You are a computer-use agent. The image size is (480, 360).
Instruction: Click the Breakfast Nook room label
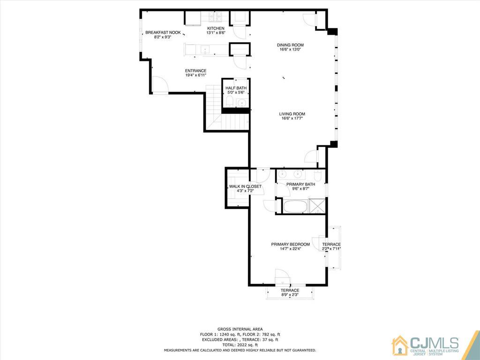(x=163, y=32)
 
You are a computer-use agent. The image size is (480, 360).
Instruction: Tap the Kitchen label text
(x=216, y=29)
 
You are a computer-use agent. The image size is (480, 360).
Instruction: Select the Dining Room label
(x=290, y=45)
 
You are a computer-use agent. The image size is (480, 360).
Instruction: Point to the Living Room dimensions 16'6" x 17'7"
(x=292, y=118)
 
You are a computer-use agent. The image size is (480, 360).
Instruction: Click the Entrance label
(x=195, y=71)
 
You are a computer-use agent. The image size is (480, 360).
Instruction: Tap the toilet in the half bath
(x=229, y=101)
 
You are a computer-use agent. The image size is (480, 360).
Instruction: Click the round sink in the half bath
(x=242, y=103)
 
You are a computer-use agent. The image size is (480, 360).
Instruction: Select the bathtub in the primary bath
(x=295, y=206)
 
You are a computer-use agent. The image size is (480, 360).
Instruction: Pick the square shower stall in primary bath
(x=316, y=206)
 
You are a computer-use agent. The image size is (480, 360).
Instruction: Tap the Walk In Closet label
(x=245, y=187)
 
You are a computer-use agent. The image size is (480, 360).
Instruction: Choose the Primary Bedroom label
(x=291, y=244)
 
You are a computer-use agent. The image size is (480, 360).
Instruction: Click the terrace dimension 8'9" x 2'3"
(x=290, y=295)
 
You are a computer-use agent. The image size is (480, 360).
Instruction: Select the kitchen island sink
(x=204, y=49)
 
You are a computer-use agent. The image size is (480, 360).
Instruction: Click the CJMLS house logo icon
(x=400, y=345)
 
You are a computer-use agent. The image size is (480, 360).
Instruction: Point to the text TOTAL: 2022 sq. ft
(x=240, y=345)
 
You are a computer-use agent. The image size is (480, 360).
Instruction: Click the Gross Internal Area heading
(x=240, y=329)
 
